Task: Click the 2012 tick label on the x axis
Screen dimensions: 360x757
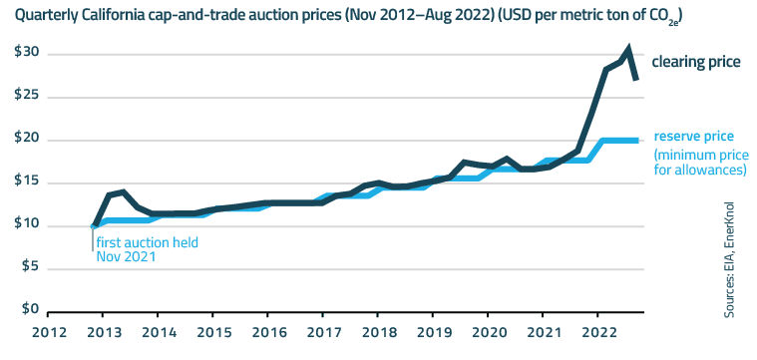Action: coord(48,332)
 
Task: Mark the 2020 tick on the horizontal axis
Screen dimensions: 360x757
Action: coord(489,332)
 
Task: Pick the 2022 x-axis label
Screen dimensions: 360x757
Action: coord(599,332)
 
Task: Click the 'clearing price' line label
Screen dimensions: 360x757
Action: coord(695,62)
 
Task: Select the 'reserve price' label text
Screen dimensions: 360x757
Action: coord(694,137)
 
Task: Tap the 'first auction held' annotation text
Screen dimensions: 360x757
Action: coord(149,242)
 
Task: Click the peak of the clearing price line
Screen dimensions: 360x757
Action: coord(628,48)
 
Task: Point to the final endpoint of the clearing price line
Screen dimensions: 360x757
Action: coord(636,80)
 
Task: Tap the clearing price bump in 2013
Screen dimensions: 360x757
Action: coord(122,191)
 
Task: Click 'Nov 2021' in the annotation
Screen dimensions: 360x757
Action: coord(126,257)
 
